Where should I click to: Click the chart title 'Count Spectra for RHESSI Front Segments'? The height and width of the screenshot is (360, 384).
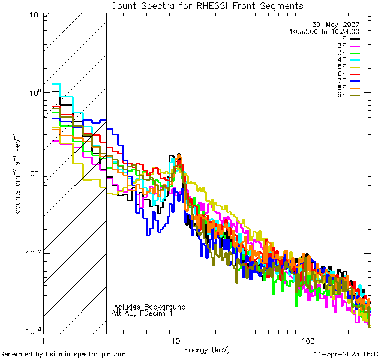(x=207, y=6)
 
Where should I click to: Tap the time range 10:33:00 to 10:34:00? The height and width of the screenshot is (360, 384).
(x=325, y=31)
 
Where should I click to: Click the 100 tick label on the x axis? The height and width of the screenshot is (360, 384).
(x=307, y=340)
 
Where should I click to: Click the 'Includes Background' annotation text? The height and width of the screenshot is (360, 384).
(x=149, y=307)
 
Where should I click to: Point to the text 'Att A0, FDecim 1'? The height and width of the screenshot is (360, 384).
(x=142, y=313)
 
